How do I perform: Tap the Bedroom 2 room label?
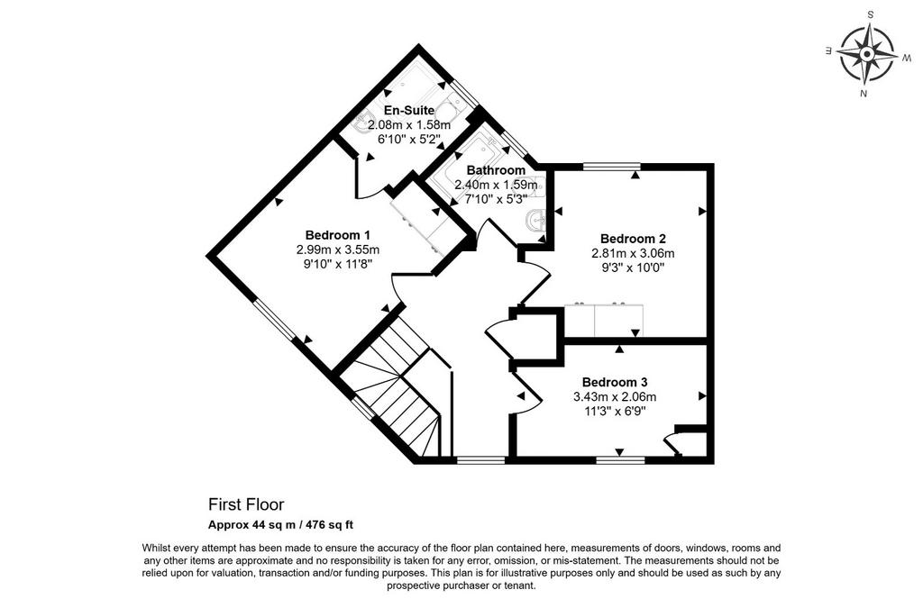click(633, 239)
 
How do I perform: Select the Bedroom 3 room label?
click(615, 382)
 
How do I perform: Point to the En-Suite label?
click(409, 111)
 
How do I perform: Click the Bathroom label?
click(496, 170)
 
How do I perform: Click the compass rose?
click(866, 55)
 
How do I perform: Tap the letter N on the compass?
click(863, 94)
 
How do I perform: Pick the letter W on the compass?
click(907, 58)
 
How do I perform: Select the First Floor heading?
click(246, 504)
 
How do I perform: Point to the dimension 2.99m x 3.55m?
click(338, 250)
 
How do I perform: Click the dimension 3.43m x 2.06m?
click(615, 397)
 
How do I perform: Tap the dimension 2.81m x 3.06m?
click(633, 253)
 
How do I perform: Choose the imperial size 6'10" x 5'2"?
click(409, 140)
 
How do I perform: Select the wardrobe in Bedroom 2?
click(604, 320)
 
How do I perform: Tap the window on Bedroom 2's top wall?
click(611, 167)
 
